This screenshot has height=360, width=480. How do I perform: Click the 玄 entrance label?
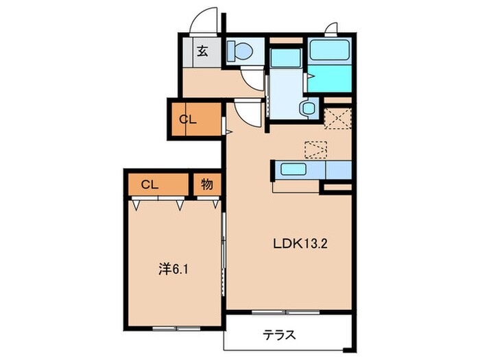pyautogui.click(x=204, y=50)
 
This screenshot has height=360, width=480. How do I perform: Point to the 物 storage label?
pyautogui.click(x=206, y=185)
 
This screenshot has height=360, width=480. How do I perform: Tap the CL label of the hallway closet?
pyautogui.click(x=188, y=119)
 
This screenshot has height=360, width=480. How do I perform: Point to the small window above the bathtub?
pyautogui.click(x=331, y=29)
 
